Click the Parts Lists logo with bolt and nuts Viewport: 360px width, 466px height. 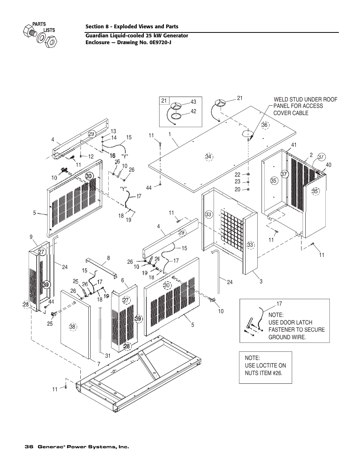point(40,35)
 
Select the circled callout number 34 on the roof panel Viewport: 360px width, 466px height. point(209,157)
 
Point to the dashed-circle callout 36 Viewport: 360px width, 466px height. point(265,125)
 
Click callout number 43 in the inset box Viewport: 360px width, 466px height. point(193,102)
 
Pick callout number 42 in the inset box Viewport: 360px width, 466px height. point(193,111)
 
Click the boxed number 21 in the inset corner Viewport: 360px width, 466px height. point(164,101)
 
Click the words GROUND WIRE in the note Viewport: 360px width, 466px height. point(287,337)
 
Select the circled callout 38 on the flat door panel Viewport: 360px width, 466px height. point(72,327)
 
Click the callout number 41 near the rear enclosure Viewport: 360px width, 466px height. point(294,145)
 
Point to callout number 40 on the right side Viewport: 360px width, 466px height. point(328,165)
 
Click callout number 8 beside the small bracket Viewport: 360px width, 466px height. point(109,258)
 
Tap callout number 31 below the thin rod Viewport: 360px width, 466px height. point(108,356)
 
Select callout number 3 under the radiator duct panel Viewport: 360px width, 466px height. point(261,281)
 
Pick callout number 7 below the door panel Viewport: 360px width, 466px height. point(98,364)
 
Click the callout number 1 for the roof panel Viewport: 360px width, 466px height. point(169,134)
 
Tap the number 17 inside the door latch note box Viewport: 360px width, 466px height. point(279,304)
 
